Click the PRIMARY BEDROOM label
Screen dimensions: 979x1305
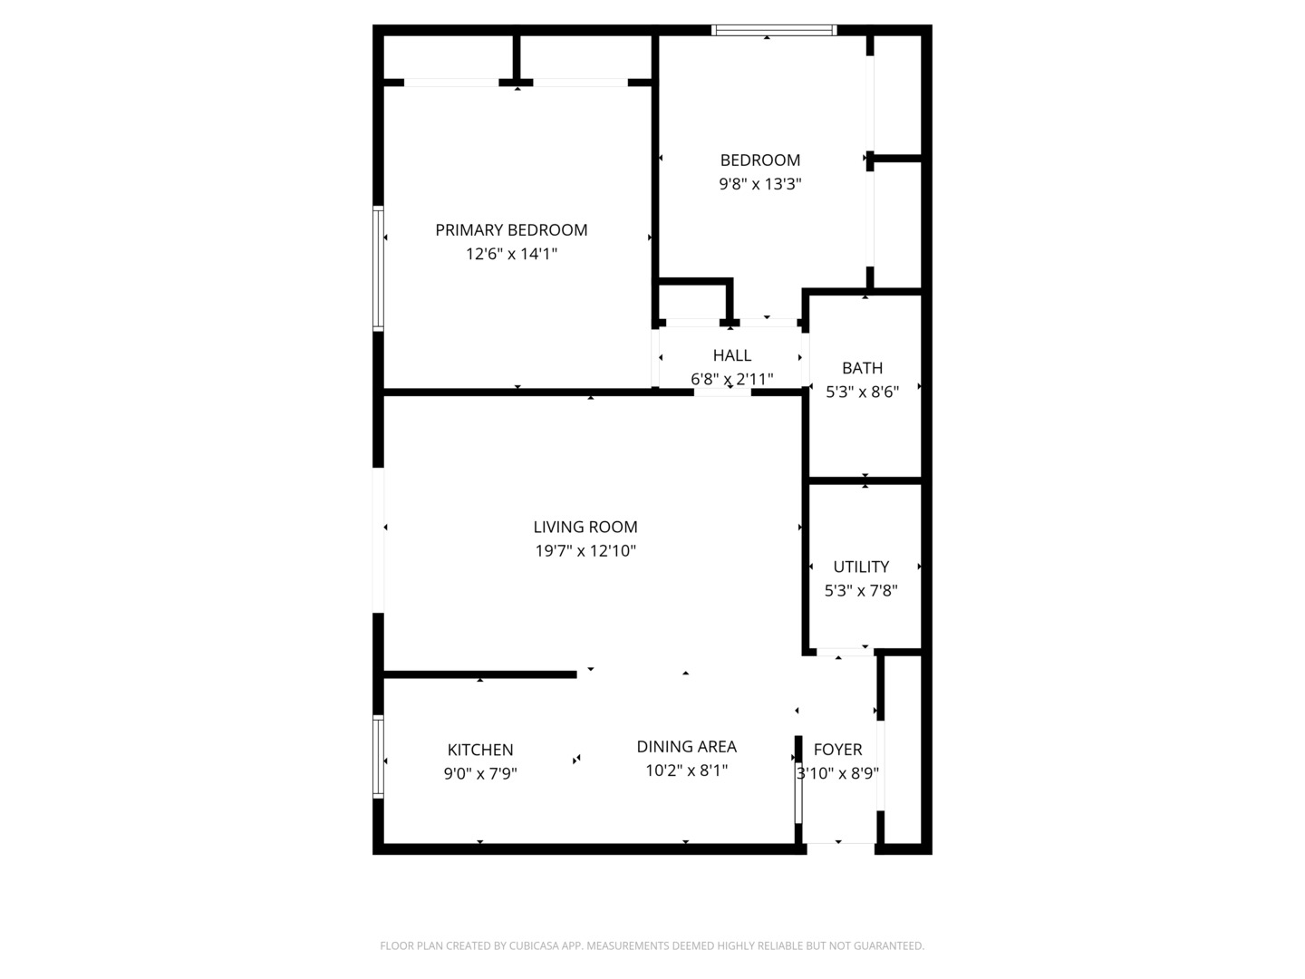click(x=511, y=230)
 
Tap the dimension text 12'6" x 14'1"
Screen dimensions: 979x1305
click(x=511, y=254)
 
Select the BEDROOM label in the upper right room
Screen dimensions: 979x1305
click(x=759, y=160)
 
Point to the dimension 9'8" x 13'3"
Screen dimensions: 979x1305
click(x=759, y=184)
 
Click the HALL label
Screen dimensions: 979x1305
click(x=731, y=355)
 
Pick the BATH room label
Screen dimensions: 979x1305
click(x=862, y=368)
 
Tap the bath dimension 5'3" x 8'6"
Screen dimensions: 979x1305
click(x=862, y=392)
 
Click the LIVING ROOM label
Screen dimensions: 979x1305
click(x=585, y=527)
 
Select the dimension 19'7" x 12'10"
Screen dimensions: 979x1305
click(x=585, y=550)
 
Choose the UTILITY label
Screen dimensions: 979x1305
click(x=861, y=567)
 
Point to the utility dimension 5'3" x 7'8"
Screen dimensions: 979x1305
click(x=861, y=590)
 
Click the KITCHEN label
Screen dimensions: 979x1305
click(x=480, y=750)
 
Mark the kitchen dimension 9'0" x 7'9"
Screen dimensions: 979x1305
click(x=480, y=773)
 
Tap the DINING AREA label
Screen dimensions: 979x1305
click(x=686, y=746)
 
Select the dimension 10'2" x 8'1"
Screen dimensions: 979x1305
click(x=686, y=771)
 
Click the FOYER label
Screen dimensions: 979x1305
click(x=837, y=750)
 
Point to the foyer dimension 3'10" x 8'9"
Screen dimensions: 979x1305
click(x=837, y=773)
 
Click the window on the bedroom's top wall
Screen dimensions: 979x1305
click(x=773, y=30)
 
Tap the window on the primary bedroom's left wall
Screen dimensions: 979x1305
click(x=379, y=267)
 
